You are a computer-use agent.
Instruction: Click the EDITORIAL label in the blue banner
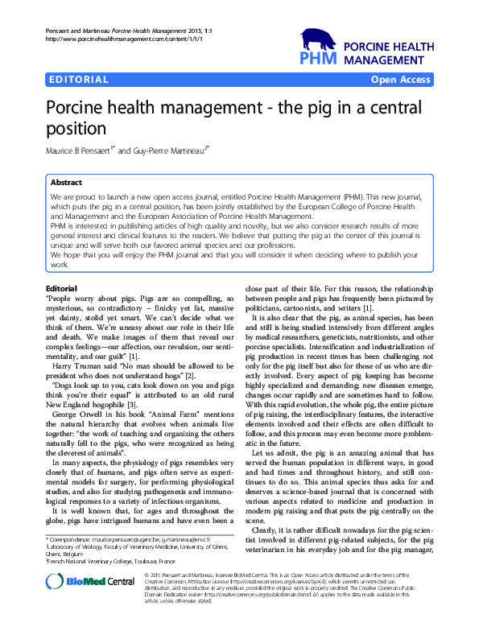(79, 80)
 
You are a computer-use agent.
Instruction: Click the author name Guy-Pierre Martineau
(180, 149)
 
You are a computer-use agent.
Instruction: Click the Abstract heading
(67, 183)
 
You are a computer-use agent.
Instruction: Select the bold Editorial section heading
(62, 287)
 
